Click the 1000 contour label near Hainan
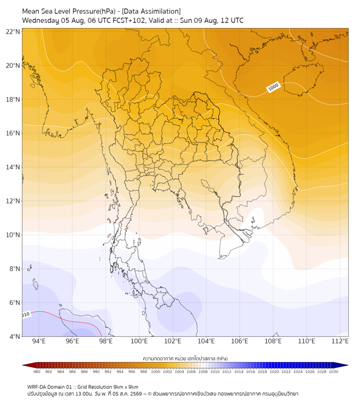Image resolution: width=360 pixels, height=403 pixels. point(273,87)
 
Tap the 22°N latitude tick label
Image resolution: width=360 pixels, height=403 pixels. point(13,31)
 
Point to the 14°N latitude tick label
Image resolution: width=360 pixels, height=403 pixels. point(13,167)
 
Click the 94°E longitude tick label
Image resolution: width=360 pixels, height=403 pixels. point(39,341)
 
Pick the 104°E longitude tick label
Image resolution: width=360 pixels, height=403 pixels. point(206,341)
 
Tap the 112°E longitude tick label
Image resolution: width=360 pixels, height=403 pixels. point(340,341)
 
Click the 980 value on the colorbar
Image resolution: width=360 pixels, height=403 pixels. point(37,372)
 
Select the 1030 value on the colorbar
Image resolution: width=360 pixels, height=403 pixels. point(333,372)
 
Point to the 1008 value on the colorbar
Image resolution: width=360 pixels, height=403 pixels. point(203,372)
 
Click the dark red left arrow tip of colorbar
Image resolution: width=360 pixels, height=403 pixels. point(23,365)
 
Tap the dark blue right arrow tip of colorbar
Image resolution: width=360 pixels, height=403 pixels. point(348,365)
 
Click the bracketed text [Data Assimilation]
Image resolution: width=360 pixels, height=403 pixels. point(151,11)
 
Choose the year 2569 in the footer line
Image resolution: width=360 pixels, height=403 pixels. point(136,394)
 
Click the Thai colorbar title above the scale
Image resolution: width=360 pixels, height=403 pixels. point(185,358)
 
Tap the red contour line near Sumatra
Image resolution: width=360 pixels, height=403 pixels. point(67,320)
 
